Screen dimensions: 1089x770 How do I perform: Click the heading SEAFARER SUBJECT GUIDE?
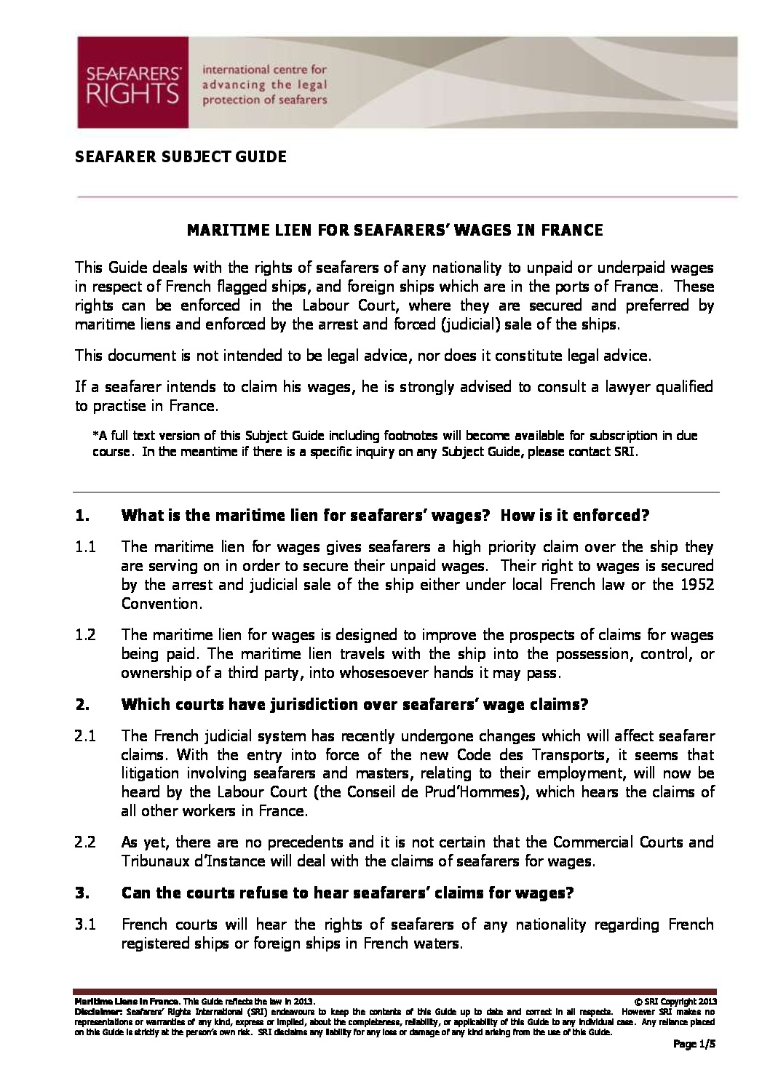[180, 156]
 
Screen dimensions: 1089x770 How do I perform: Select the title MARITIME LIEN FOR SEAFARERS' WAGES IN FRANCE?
[395, 231]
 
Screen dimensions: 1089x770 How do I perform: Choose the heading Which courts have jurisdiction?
[354, 704]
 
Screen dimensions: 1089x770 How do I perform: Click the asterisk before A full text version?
[95, 436]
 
